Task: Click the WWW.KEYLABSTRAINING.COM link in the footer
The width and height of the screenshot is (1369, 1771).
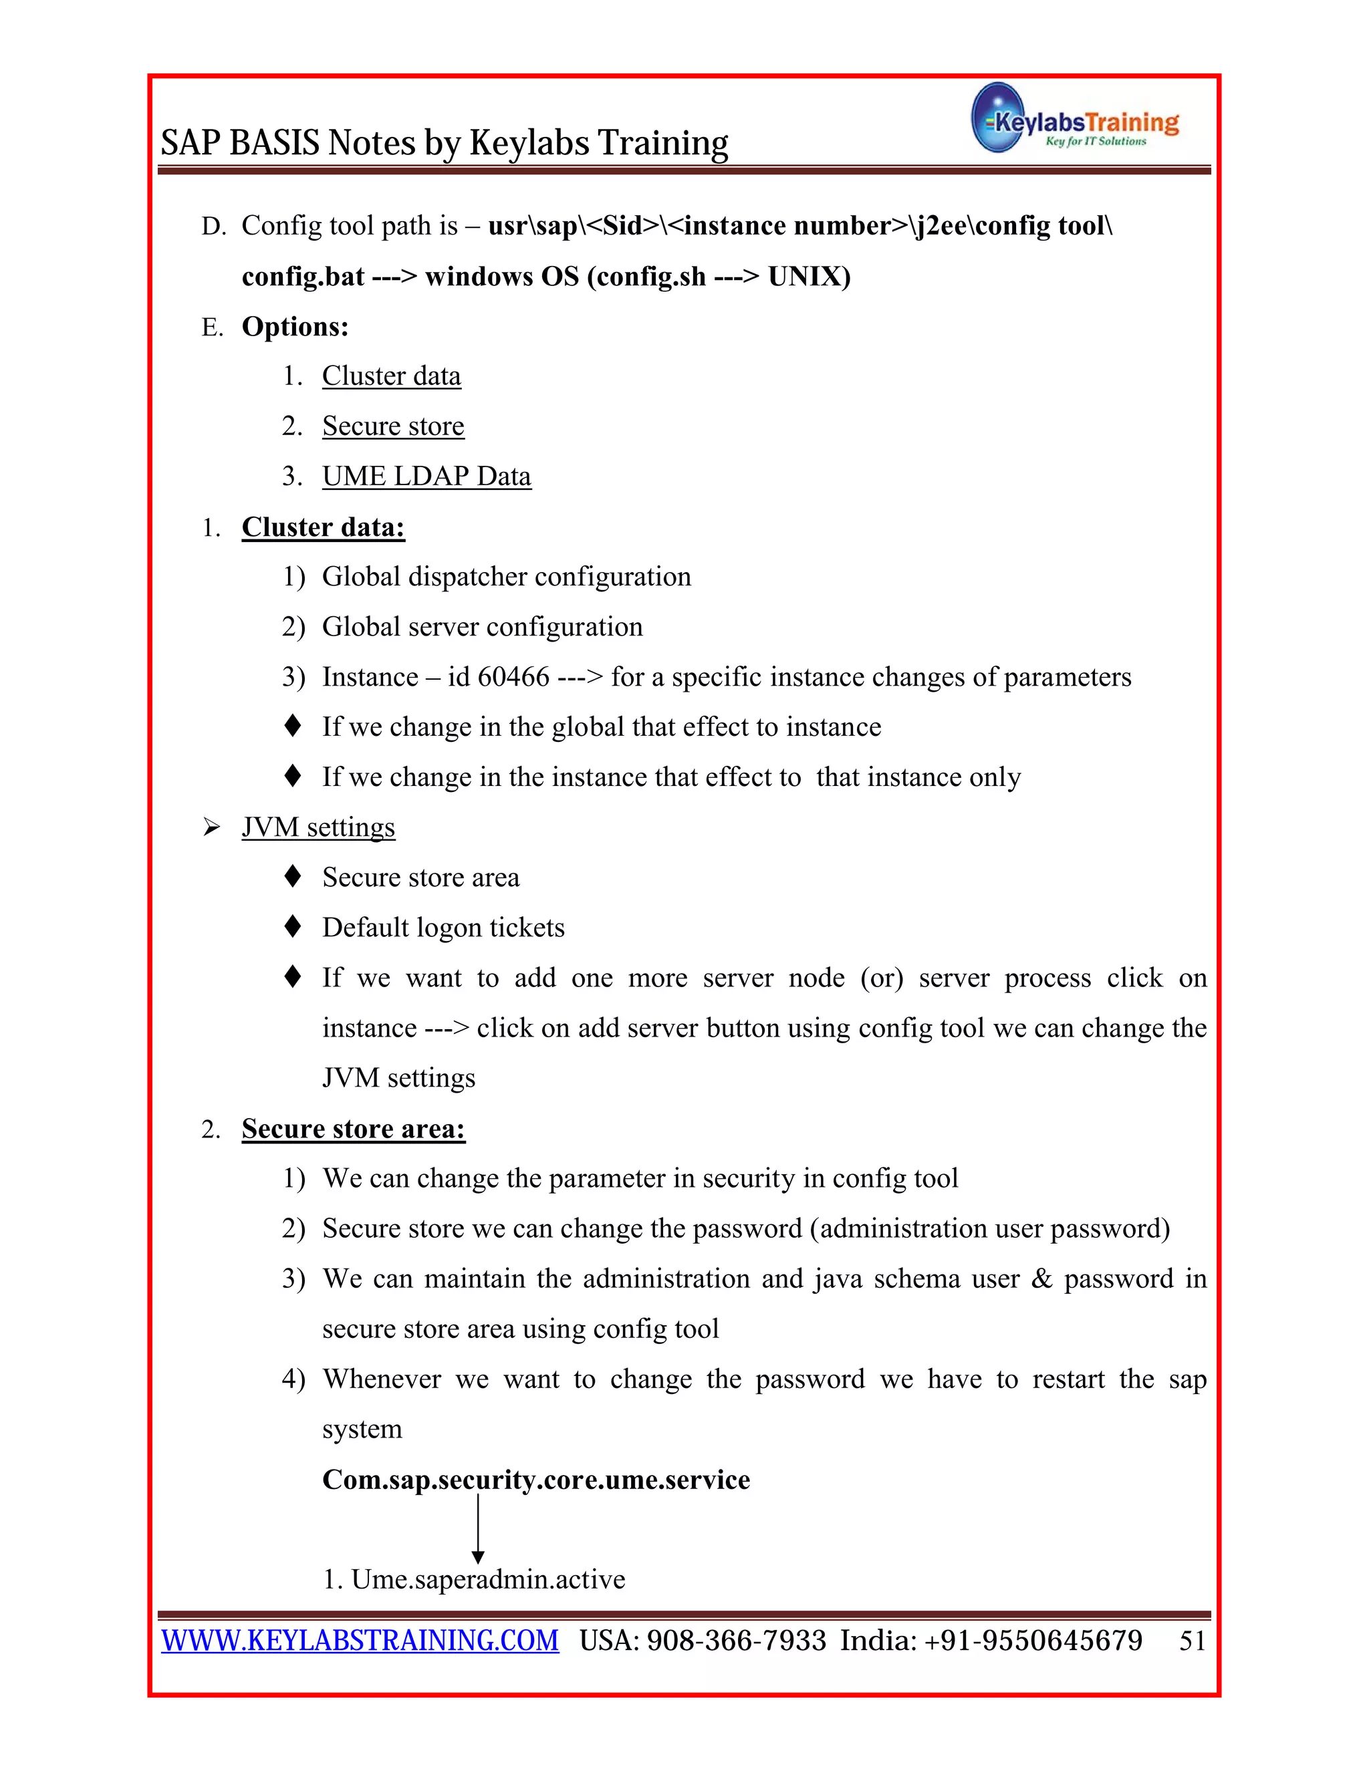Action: click(x=360, y=1641)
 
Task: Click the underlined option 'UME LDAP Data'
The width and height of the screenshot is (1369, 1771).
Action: click(x=426, y=476)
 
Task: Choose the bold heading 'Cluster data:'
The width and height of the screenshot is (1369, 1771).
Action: click(x=323, y=527)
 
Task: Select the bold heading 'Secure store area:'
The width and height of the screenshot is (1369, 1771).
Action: click(x=354, y=1129)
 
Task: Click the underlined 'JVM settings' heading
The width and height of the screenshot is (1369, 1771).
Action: click(x=318, y=827)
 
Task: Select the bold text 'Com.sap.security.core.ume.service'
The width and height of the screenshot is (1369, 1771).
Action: click(x=536, y=1480)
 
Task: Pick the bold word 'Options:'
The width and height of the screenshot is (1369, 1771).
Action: click(x=295, y=327)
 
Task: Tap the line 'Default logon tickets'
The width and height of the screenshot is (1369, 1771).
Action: click(x=443, y=928)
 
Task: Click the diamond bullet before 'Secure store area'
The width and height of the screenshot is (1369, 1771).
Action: click(x=293, y=877)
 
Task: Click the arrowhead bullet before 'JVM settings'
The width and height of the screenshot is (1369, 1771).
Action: click(x=212, y=828)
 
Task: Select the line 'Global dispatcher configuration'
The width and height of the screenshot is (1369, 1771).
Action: click(x=506, y=577)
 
